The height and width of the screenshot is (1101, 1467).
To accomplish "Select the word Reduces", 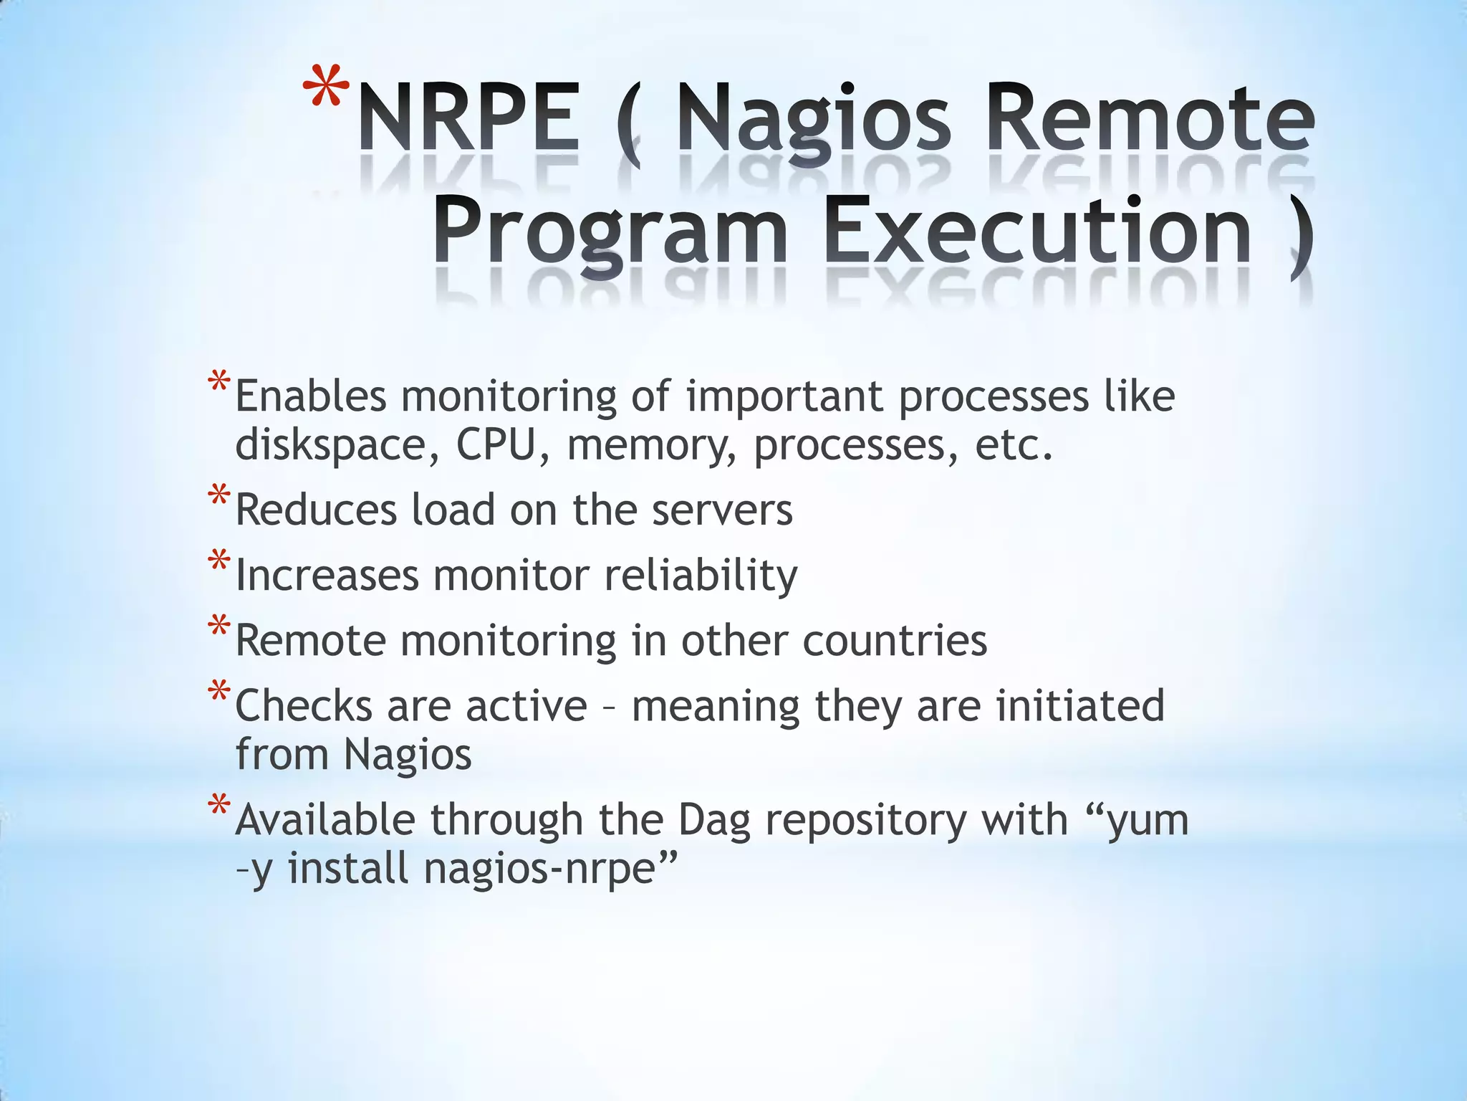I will pos(315,510).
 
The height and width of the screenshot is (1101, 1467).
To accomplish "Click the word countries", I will pos(895,640).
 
